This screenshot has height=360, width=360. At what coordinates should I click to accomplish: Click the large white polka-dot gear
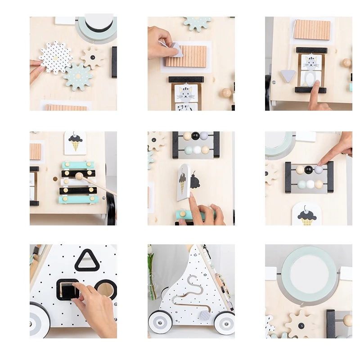coord(55,57)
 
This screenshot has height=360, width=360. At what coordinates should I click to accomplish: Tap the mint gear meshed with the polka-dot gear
coord(78,76)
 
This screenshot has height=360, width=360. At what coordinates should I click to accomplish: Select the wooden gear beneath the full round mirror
coord(301,323)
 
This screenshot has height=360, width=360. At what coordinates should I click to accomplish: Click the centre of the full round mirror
coord(309,270)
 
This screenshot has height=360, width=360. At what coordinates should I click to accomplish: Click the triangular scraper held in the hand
coord(177,50)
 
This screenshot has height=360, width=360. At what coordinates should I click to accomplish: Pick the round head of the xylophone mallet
coord(79,176)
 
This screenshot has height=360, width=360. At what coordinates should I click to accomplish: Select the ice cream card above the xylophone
coord(75,143)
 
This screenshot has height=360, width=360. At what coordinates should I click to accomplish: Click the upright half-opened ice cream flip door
coord(183,181)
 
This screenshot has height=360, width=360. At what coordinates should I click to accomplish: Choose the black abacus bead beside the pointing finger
coord(308,170)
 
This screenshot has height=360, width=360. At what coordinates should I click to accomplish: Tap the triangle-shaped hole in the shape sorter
coord(87,261)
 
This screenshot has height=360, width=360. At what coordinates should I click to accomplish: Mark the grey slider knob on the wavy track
coord(204,315)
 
